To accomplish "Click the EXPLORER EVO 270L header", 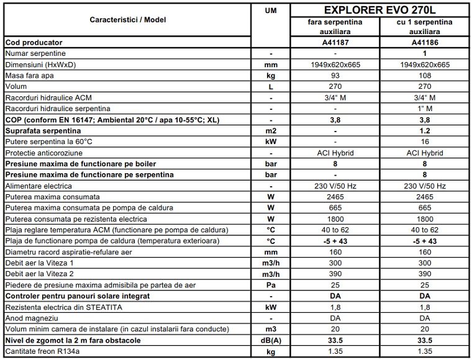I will coord(379,10).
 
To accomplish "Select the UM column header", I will coord(271,11).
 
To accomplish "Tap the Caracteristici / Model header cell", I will coord(127,20).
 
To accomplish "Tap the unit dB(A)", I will coord(271,341).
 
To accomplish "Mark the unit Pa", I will coord(271,286).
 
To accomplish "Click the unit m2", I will coord(271,131).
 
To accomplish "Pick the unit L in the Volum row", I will coord(271,87).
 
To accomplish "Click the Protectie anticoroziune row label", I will coord(43,153).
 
